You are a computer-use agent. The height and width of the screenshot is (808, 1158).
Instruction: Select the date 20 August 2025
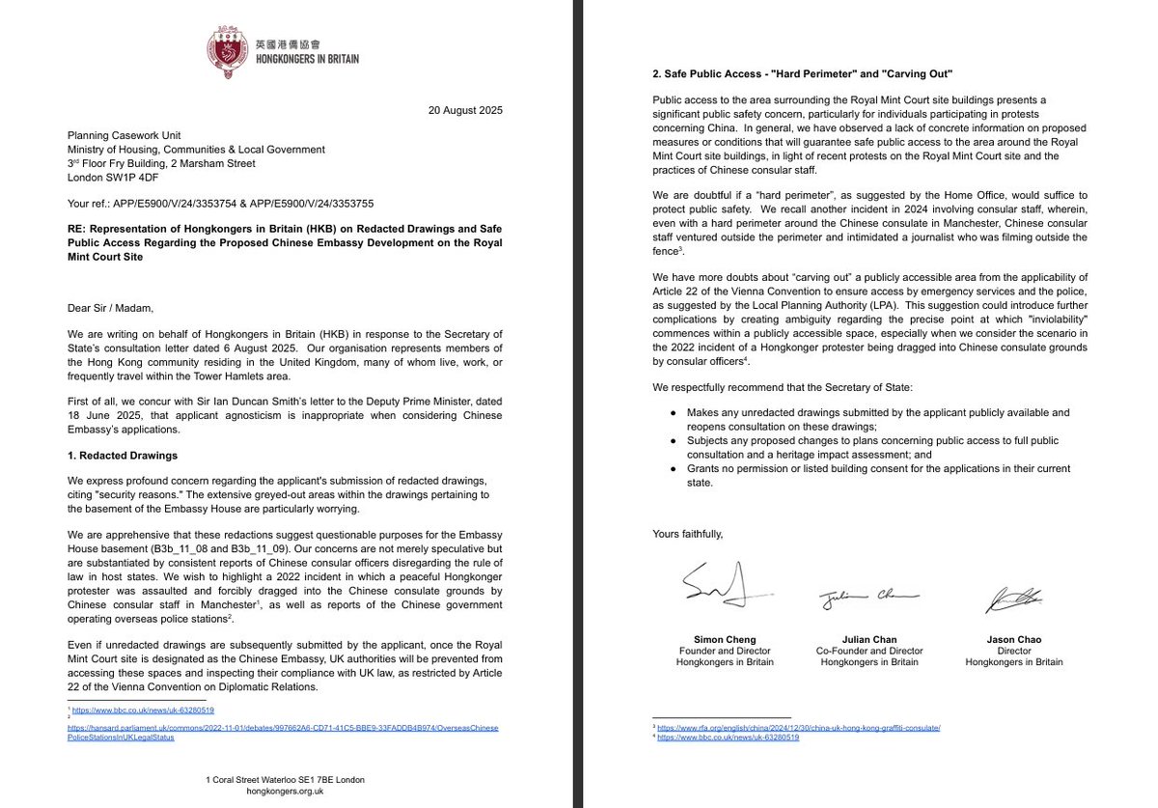[465, 110]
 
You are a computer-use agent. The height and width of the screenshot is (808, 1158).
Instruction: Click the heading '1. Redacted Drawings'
[123, 455]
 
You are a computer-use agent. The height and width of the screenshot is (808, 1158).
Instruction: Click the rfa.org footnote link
[798, 726]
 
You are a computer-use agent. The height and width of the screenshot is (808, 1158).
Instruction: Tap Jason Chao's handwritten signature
[1013, 599]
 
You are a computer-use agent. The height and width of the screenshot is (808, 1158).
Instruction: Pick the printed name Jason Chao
[1013, 639]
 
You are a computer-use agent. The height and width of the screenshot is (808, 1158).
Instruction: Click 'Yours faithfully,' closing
[687, 534]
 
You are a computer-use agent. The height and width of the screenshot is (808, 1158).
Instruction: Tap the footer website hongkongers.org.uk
[285, 791]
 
